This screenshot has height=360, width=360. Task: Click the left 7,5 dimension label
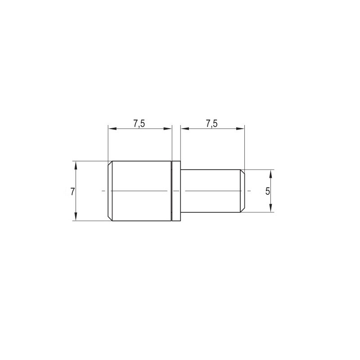pyautogui.click(x=139, y=124)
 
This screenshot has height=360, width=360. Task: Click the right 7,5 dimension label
pyautogui.click(x=211, y=124)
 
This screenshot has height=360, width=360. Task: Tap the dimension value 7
pyautogui.click(x=72, y=192)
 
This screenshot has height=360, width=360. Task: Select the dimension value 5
pyautogui.click(x=268, y=191)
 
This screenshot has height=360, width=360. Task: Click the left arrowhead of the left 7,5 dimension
pyautogui.click(x=112, y=129)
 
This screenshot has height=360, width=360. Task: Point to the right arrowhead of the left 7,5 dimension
pyautogui.click(x=168, y=129)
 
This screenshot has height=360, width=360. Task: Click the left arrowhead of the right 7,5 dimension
pyautogui.click(x=184, y=129)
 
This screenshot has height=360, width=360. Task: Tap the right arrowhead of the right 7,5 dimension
pyautogui.click(x=240, y=129)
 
